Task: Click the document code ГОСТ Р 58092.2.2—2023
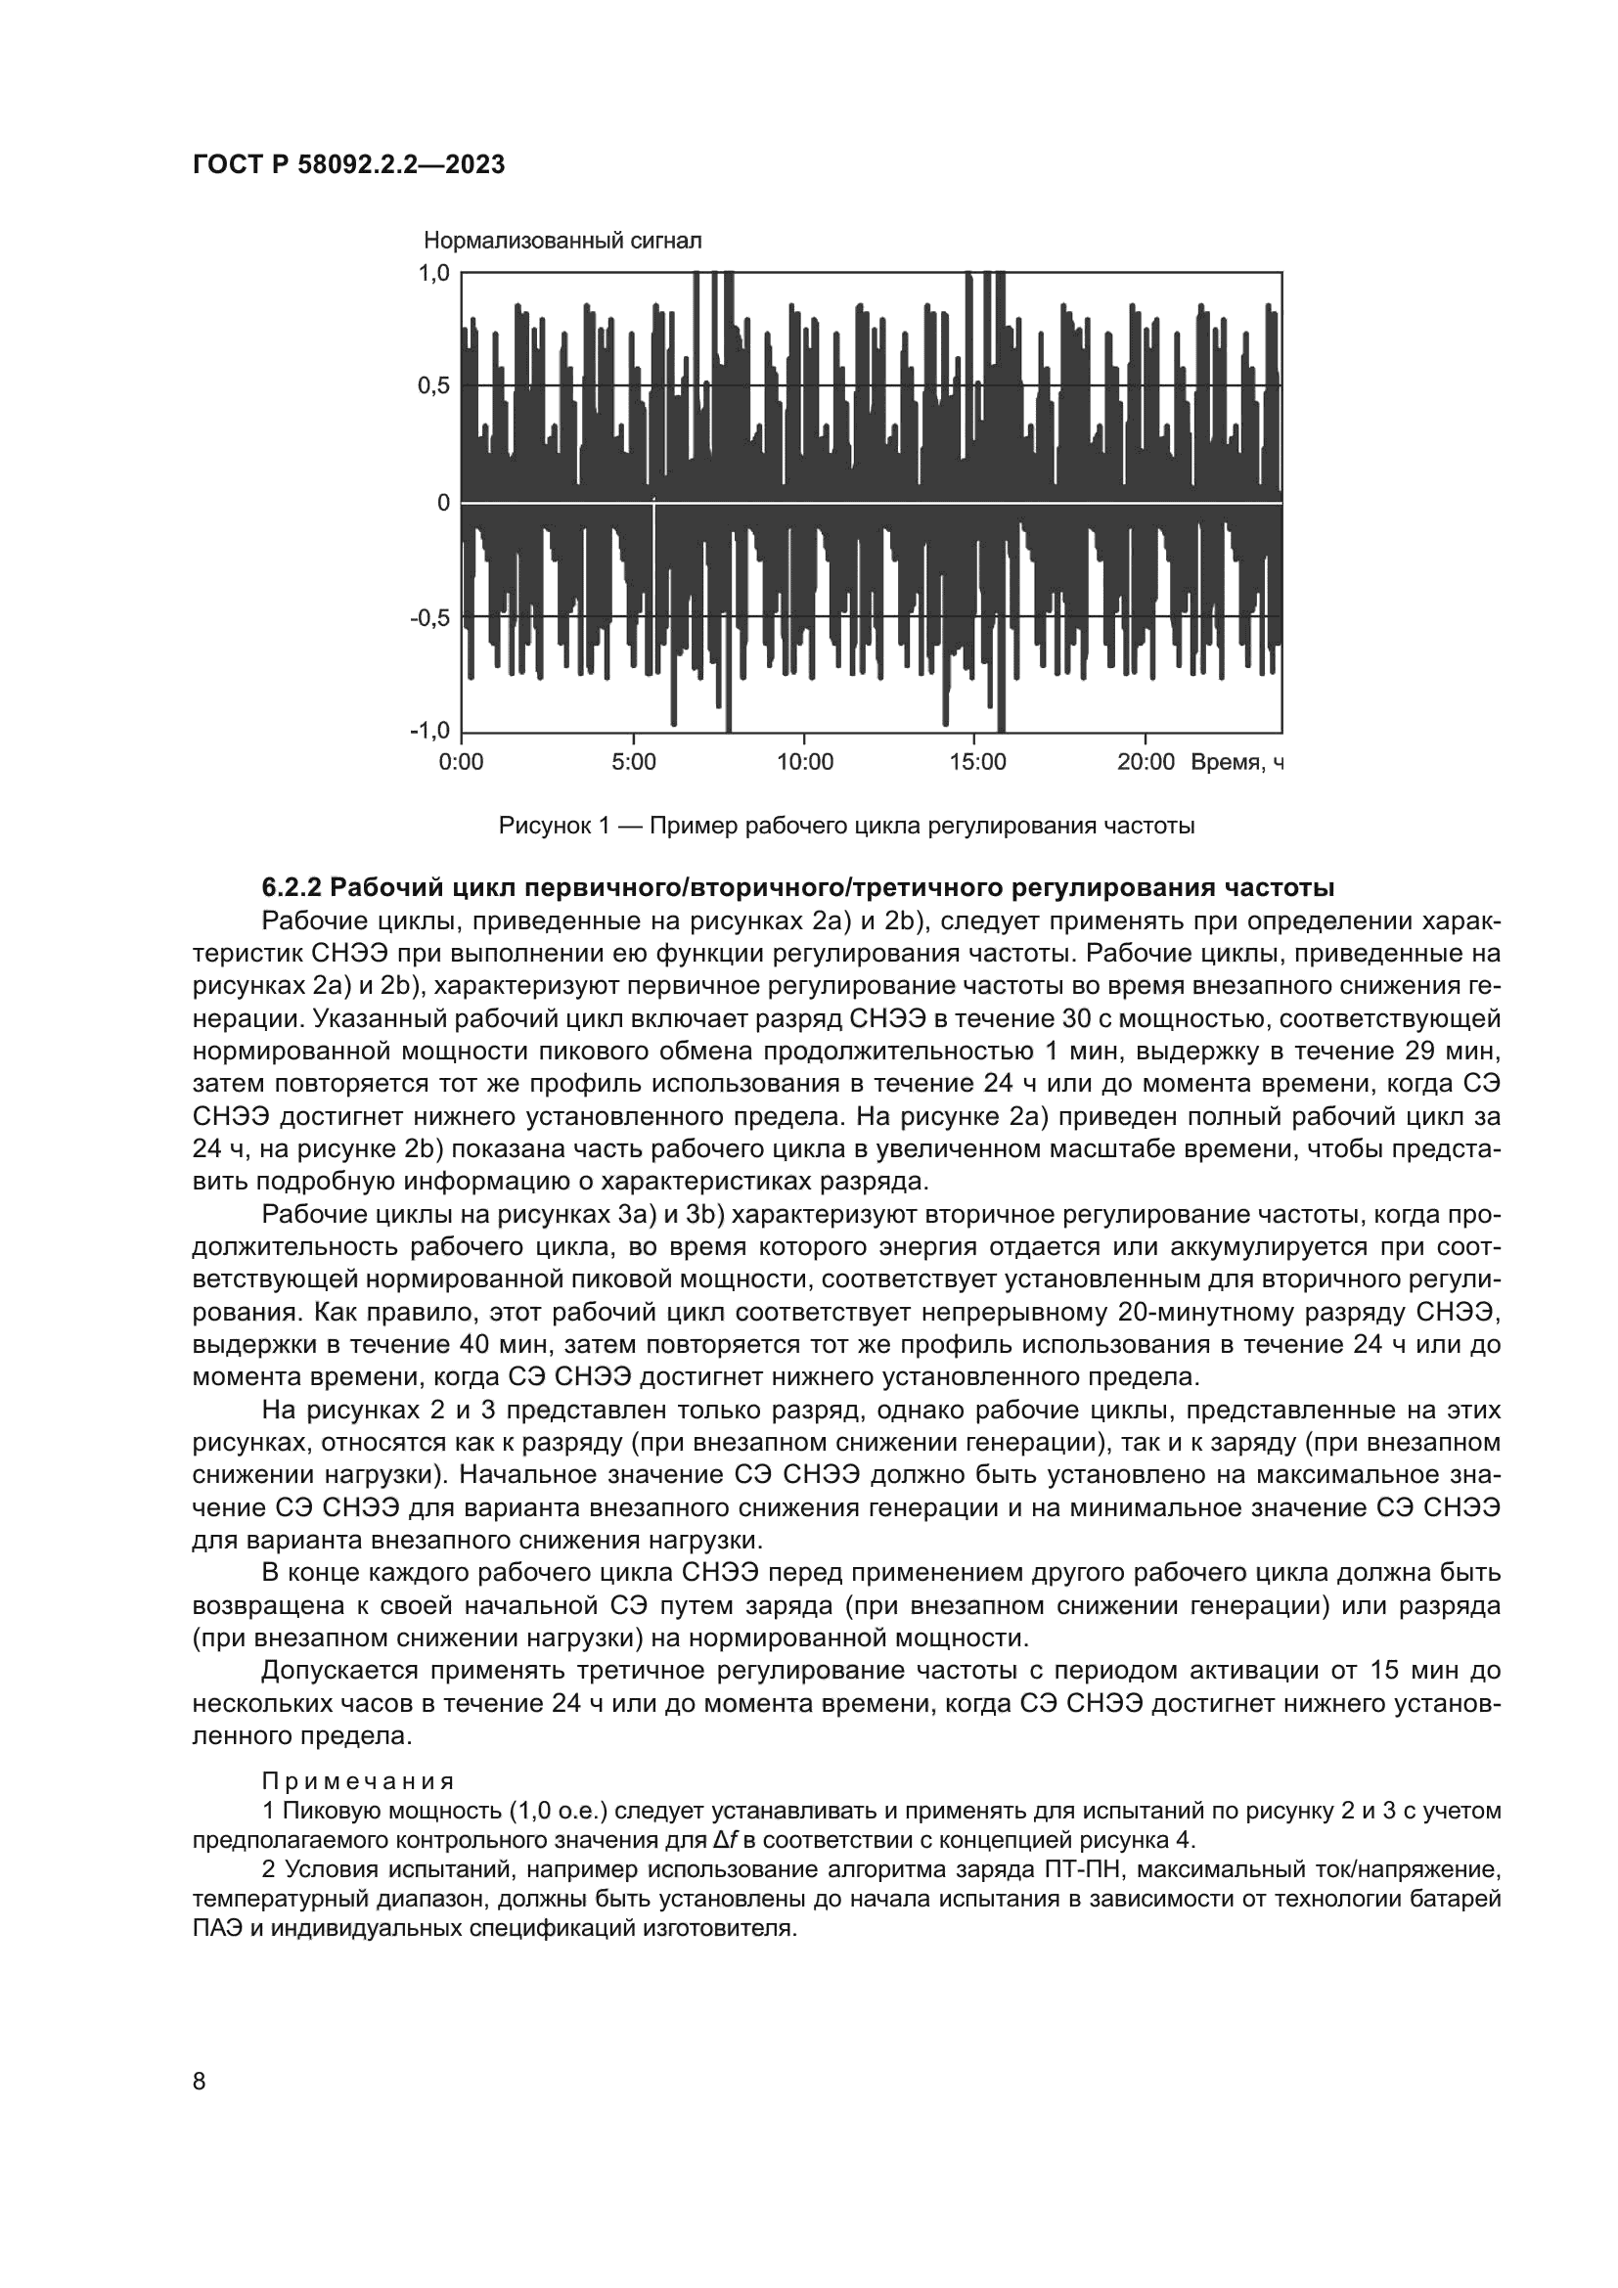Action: coord(348,164)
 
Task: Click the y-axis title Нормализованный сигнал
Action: coord(562,241)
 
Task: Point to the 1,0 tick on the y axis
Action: coord(434,272)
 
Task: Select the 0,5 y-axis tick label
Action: coord(434,386)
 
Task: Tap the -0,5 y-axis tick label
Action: coord(430,618)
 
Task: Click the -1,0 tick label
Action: coord(430,732)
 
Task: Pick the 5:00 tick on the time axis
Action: coord(633,763)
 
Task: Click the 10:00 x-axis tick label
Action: coord(804,763)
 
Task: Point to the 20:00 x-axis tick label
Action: coord(1146,763)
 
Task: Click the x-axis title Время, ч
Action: coord(1236,763)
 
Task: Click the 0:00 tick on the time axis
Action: coord(462,763)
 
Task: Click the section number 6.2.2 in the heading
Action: coord(291,887)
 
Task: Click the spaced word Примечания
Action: coord(358,1780)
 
